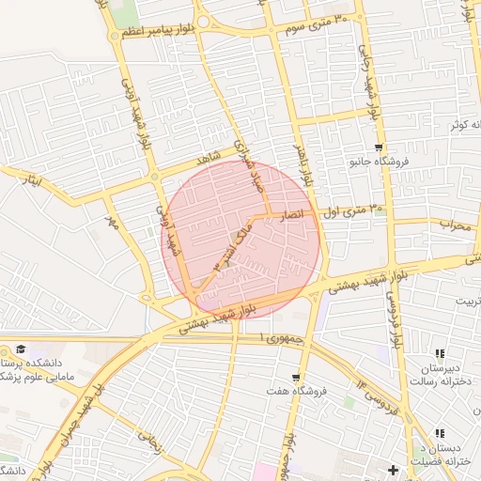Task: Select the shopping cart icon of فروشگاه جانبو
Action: pos(379,147)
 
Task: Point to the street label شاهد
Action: pos(208,153)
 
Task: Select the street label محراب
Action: pos(455,225)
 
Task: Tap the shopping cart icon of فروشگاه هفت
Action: pos(296,377)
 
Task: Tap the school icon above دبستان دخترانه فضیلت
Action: pos(439,434)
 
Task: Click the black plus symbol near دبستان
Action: pos(393,469)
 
